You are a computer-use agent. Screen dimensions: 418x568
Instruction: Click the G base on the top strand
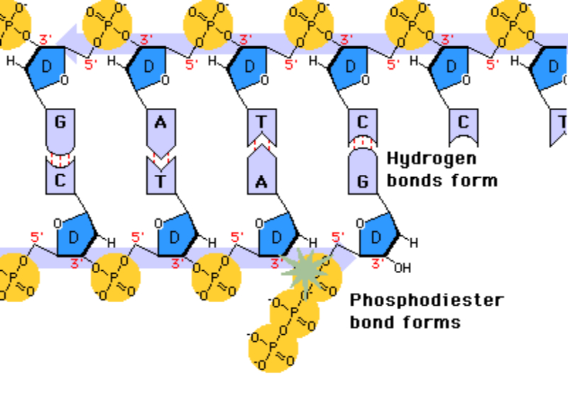[x=60, y=122]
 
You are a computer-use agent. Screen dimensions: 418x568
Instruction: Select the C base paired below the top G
[x=60, y=180]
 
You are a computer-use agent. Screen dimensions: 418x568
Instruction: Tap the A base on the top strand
[x=160, y=122]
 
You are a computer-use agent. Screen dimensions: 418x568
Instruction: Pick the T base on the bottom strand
[x=160, y=181]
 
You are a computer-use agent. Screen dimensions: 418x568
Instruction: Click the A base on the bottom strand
[x=261, y=181]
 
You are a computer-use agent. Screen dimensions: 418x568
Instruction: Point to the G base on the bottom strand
[x=362, y=180]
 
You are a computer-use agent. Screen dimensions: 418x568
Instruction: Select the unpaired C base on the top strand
[x=463, y=123]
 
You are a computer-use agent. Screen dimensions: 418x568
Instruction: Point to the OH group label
[x=403, y=269]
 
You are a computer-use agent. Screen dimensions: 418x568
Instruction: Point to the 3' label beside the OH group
[x=378, y=263]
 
